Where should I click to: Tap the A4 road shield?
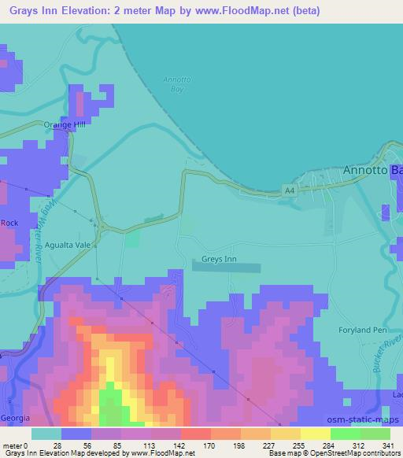tap(290, 190)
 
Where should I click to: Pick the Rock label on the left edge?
tap(9, 223)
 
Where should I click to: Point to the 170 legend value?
tap(187, 445)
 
